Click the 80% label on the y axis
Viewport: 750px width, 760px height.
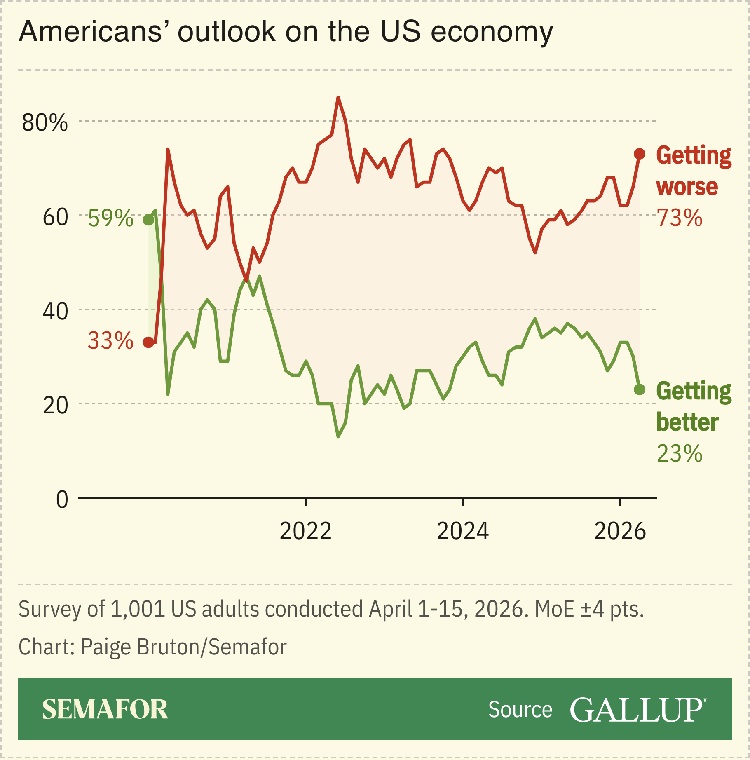point(45,123)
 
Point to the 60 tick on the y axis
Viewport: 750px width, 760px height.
point(55,217)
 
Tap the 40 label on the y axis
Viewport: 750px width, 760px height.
point(55,312)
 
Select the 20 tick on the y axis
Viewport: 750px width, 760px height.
point(55,406)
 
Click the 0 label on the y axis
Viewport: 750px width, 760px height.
point(62,500)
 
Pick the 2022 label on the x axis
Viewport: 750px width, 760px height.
point(305,531)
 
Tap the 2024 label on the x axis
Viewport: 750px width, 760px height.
point(462,531)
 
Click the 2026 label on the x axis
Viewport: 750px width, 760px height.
point(620,531)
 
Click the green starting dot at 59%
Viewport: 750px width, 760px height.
point(148,220)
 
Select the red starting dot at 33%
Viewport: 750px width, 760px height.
point(148,342)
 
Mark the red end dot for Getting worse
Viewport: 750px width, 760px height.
point(639,154)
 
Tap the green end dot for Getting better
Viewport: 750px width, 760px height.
point(639,389)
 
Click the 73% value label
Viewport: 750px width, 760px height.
point(679,218)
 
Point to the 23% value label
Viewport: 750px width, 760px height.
point(679,454)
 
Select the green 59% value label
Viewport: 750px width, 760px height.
point(110,218)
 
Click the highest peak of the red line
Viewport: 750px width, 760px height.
point(338,98)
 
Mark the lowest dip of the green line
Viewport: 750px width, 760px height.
point(338,436)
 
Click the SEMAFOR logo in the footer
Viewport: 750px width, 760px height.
point(105,710)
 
